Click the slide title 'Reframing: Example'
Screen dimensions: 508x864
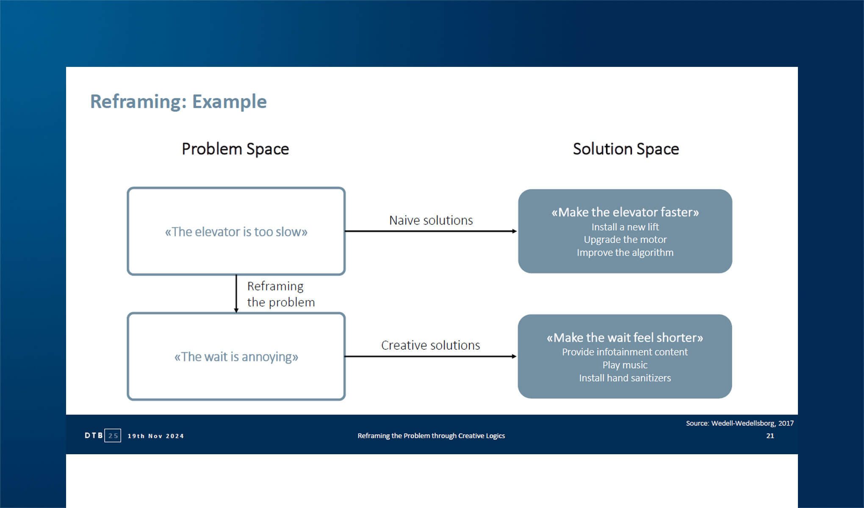[178, 102]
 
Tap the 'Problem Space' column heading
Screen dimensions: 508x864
[235, 149]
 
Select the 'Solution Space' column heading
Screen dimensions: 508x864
[626, 149]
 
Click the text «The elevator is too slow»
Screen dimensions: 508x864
[236, 232]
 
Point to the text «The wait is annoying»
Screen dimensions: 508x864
[236, 357]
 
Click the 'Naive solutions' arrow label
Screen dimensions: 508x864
[431, 221]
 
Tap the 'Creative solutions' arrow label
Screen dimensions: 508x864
[430, 345]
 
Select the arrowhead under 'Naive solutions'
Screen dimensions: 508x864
[514, 231]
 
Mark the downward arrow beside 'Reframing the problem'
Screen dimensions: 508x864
[236, 294]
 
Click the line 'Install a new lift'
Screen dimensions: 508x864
[625, 227]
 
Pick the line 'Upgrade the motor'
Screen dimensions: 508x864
[625, 240]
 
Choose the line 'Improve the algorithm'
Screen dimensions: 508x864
[625, 253]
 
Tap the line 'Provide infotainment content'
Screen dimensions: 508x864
[625, 352]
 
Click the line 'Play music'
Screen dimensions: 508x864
[625, 365]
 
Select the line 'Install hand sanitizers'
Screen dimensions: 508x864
[625, 378]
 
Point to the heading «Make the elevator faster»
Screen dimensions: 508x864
[625, 212]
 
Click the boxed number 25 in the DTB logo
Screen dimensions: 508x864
[113, 436]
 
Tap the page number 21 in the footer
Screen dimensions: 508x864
[770, 436]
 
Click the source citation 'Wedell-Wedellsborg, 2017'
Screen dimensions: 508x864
[752, 423]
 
